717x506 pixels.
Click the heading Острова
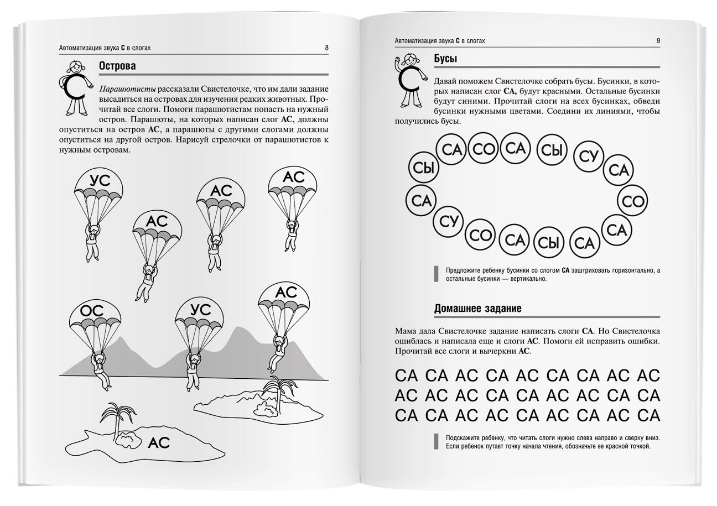coord(117,66)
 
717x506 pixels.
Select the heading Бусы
coord(446,59)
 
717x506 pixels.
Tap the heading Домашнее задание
coord(477,308)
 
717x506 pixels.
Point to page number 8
coord(327,48)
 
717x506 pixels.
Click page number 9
coord(658,40)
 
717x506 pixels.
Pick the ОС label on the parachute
coord(92,311)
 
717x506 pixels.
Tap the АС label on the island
coord(159,442)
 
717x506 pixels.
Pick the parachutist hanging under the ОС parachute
coord(100,368)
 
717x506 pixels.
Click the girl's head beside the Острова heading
coord(75,67)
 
